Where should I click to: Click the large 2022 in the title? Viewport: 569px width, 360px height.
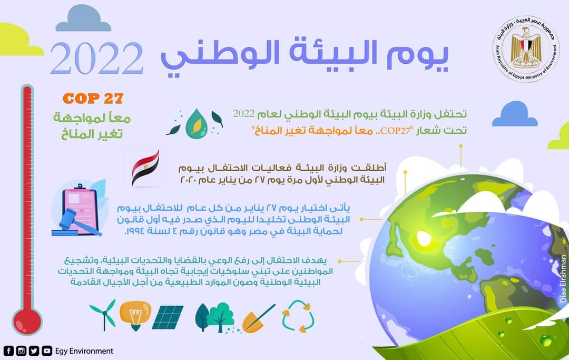tap(97, 58)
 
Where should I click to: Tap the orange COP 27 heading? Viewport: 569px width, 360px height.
tap(93, 99)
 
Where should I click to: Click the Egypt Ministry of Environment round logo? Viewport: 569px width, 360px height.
tap(526, 49)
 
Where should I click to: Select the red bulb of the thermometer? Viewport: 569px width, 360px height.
tap(27, 321)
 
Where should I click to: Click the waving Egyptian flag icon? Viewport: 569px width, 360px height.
tap(145, 168)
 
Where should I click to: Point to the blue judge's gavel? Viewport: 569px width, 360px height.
tap(74, 222)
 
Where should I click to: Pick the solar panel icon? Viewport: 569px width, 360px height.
tap(168, 317)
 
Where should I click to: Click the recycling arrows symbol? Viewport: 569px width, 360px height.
tap(298, 316)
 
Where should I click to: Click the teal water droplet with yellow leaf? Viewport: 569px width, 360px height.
tap(197, 124)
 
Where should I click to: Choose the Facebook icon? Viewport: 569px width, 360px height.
tap(8, 351)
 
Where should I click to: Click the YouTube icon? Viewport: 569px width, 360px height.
tap(47, 351)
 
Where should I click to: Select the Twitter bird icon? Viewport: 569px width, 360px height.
tap(34, 351)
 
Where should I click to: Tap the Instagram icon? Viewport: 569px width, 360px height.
tap(22, 351)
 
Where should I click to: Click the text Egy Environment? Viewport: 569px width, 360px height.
tap(84, 351)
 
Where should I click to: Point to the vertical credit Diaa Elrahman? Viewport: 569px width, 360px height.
tap(563, 279)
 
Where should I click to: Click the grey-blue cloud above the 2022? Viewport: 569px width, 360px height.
tap(83, 19)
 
